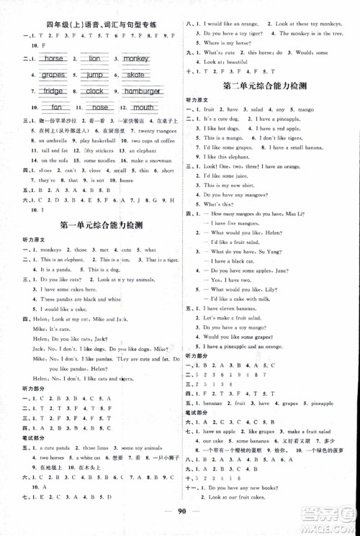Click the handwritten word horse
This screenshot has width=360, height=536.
[54, 58]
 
